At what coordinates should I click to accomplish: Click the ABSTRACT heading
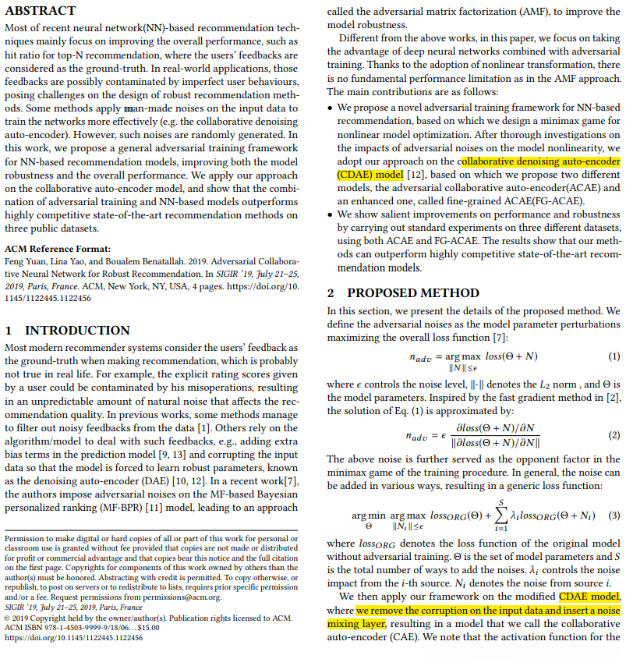click(41, 11)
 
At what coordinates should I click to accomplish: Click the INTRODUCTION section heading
click(66, 330)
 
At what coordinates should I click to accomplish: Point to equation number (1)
click(614, 356)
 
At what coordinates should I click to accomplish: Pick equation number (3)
click(614, 515)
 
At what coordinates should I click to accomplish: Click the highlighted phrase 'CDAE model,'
click(591, 597)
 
